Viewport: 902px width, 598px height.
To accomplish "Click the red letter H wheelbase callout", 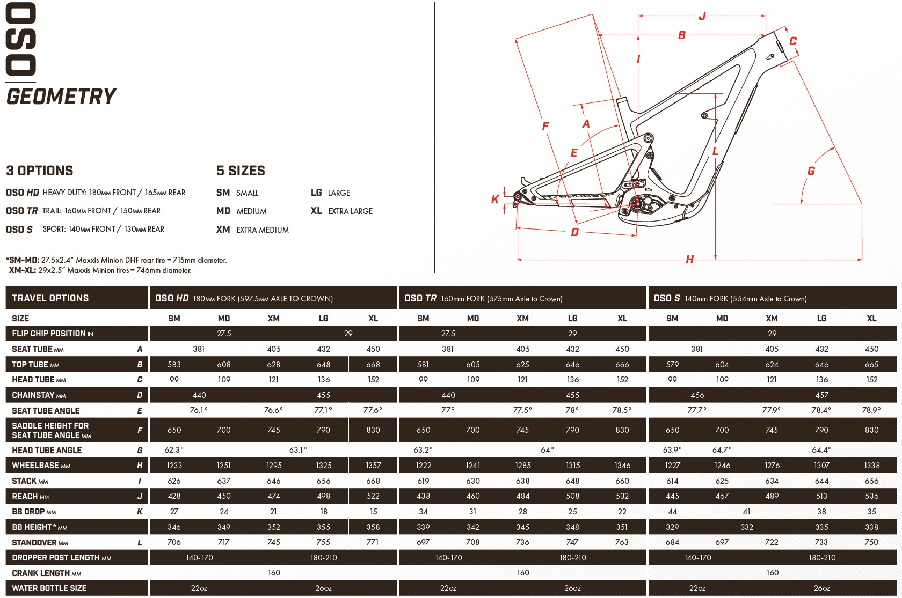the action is [x=690, y=260].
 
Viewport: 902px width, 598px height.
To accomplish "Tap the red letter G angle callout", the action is [x=811, y=171].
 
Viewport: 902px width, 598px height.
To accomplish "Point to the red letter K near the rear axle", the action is [x=495, y=200].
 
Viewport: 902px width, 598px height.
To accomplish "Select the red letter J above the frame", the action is [x=702, y=16].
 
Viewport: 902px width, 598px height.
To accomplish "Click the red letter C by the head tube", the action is [x=793, y=41].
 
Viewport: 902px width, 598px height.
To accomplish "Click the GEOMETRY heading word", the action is [x=61, y=97].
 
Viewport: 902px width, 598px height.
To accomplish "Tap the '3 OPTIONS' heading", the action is [x=40, y=171].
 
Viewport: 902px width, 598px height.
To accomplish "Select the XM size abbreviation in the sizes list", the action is [x=223, y=230].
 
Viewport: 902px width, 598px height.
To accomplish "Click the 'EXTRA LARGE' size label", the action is [x=350, y=211].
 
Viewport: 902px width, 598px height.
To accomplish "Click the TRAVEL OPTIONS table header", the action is [x=50, y=298].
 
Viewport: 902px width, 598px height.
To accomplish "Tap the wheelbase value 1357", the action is [x=373, y=466].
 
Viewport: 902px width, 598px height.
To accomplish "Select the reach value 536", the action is [x=872, y=496].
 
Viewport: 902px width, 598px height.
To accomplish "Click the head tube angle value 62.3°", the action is [x=174, y=450].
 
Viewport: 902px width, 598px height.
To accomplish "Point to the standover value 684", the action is [x=672, y=542].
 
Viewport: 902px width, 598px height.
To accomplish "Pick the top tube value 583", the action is [x=174, y=365].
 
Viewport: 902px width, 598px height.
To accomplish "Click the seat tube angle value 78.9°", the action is [x=872, y=410].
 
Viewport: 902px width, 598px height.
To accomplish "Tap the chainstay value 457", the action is [x=821, y=395].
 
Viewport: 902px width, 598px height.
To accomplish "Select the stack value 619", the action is [x=423, y=481].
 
